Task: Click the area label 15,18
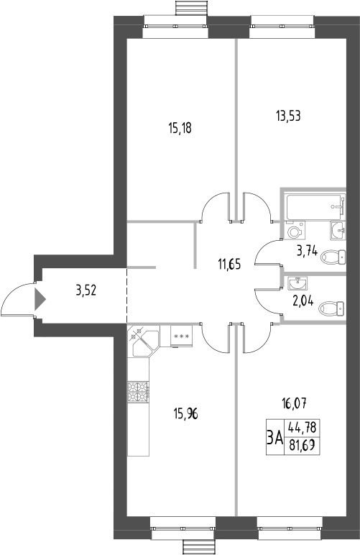point(183,128)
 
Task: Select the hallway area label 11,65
point(230,264)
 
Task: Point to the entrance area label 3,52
point(87,291)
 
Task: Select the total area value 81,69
point(303,445)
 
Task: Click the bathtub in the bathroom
point(315,207)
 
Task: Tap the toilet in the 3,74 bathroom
point(333,257)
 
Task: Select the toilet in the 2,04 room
point(332,308)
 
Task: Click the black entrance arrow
point(40,297)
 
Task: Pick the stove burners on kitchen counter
point(137,392)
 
